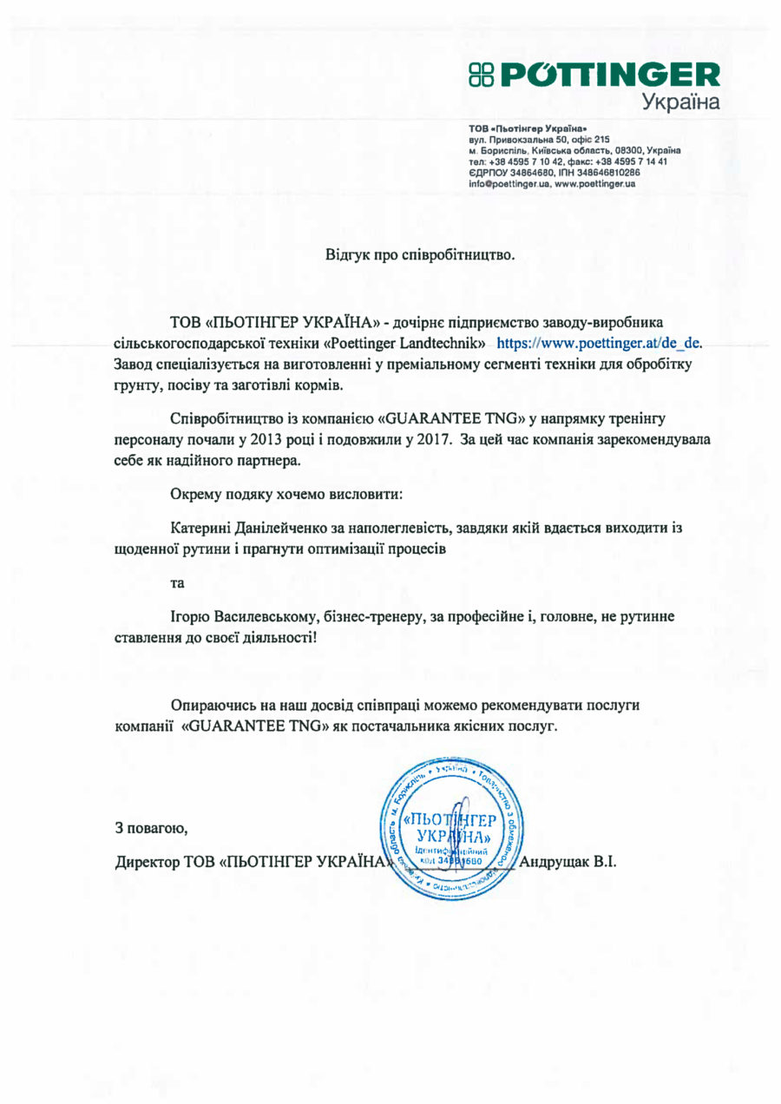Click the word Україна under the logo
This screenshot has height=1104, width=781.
681,103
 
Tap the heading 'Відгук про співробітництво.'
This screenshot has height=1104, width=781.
420,255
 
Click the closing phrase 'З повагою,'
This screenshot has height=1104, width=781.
151,827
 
